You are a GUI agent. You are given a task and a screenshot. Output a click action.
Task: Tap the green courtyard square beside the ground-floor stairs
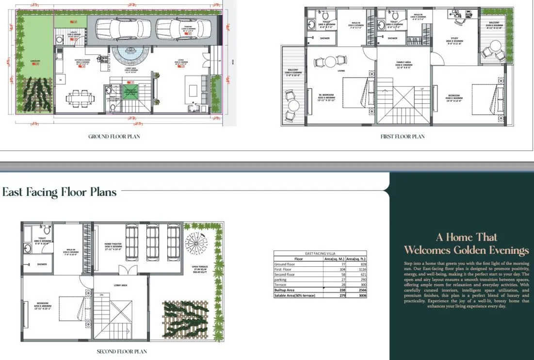(x=130, y=91)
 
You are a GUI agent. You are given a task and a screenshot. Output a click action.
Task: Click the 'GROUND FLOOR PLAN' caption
(x=114, y=136)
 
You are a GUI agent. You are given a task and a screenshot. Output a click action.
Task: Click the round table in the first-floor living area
(x=330, y=62)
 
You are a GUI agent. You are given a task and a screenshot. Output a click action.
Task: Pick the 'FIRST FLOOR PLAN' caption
(x=402, y=136)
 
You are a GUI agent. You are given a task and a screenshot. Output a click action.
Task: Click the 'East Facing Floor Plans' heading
(x=59, y=192)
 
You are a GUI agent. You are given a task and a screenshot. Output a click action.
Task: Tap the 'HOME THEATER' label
(x=115, y=245)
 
